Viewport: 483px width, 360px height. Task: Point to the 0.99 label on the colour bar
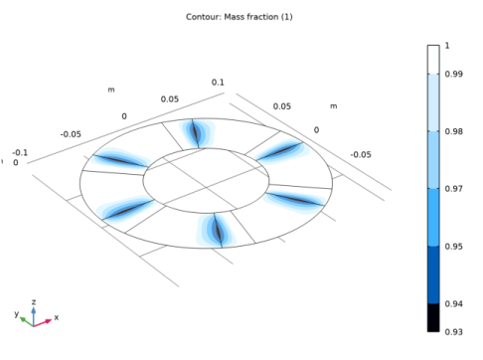coord(454,74)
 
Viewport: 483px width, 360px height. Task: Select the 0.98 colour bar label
coord(454,131)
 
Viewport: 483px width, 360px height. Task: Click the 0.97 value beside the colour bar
coord(454,189)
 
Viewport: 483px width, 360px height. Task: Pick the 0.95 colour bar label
coord(454,247)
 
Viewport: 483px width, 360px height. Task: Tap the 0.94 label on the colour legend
coord(454,303)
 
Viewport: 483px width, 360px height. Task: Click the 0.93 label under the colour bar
coord(454,332)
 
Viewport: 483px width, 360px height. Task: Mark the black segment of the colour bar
coord(433,317)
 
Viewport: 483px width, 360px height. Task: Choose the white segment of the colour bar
coord(433,60)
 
